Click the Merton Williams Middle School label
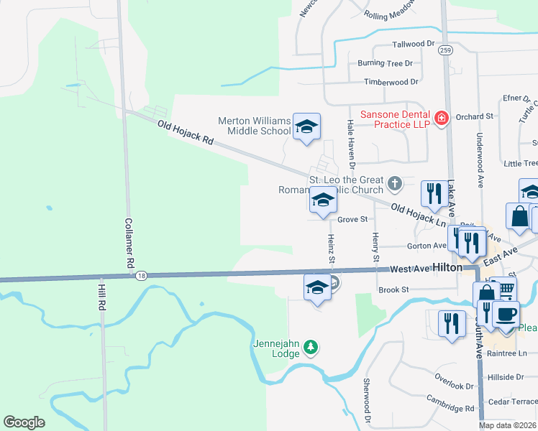pyautogui.click(x=255, y=126)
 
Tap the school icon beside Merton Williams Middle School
pyautogui.click(x=306, y=127)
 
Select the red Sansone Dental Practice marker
pyautogui.click(x=442, y=117)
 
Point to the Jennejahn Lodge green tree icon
pyautogui.click(x=311, y=348)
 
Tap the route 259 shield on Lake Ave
pyautogui.click(x=447, y=50)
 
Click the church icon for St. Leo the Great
pyautogui.click(x=394, y=184)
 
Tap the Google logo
pyautogui.click(x=24, y=422)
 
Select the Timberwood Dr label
pyautogui.click(x=391, y=82)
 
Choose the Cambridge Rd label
pyautogui.click(x=450, y=408)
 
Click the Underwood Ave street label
pyautogui.click(x=478, y=159)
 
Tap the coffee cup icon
pyautogui.click(x=506, y=314)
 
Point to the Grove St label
pyautogui.click(x=352, y=219)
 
